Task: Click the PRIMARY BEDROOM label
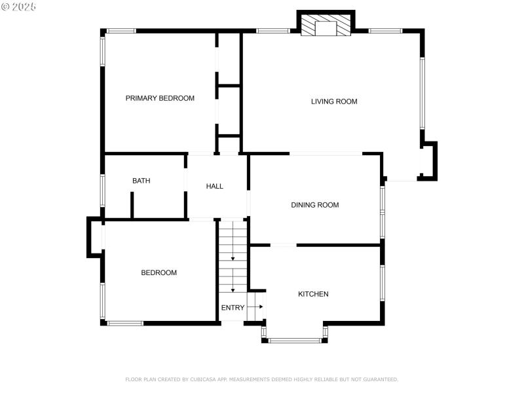click(x=160, y=98)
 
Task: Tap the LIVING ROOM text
click(x=333, y=102)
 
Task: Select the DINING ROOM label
click(x=314, y=205)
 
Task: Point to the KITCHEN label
click(x=313, y=294)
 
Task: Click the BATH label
click(x=141, y=181)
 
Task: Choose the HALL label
click(x=214, y=186)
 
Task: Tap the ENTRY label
click(x=233, y=308)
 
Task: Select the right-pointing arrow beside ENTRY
click(x=259, y=307)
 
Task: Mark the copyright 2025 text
click(x=19, y=6)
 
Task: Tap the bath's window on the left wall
click(x=103, y=189)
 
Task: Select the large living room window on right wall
click(x=422, y=92)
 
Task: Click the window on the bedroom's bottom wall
click(x=125, y=323)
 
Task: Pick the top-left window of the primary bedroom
click(x=121, y=31)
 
